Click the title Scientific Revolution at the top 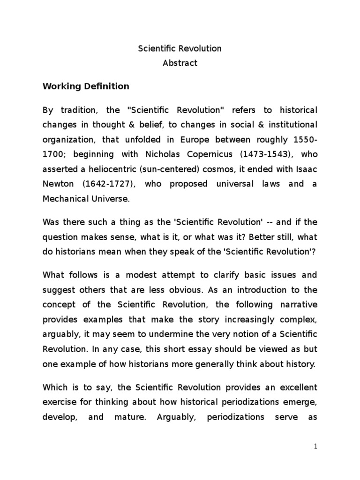pos(180,48)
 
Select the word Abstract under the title pos(180,63)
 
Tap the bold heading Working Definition pos(86,86)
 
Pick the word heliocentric pos(103,170)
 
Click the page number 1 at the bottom pos(316,447)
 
